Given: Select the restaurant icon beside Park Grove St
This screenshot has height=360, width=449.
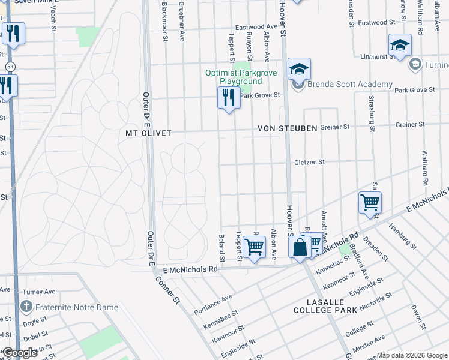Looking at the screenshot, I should tap(229, 97).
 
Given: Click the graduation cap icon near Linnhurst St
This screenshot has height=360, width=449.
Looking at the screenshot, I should tap(400, 46).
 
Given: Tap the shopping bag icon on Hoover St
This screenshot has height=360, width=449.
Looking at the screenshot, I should tap(300, 247).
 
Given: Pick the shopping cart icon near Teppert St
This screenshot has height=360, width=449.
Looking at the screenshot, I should tap(255, 247).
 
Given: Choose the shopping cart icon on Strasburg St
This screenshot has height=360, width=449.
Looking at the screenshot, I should tap(370, 202).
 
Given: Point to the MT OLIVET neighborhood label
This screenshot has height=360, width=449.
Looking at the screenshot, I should tap(148, 133).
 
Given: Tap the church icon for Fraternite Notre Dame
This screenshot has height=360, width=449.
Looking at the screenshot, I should tap(26, 307).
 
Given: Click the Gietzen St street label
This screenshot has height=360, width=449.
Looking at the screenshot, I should tap(309, 162).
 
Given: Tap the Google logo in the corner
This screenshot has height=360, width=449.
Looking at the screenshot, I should tap(19, 353).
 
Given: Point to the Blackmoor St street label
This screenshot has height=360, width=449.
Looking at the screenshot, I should tap(165, 22).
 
